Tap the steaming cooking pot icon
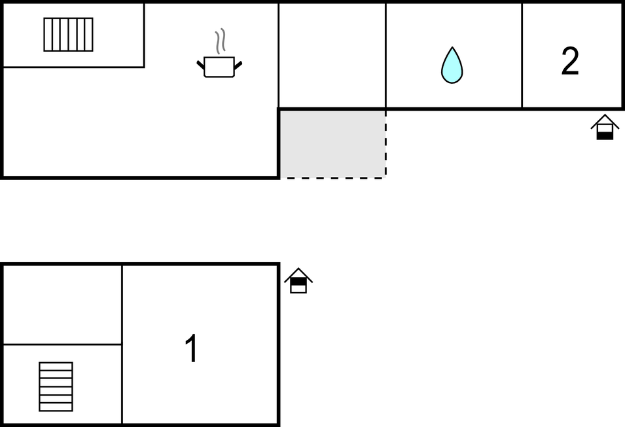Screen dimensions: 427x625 tap(219, 66)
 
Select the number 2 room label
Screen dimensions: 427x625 tap(570, 62)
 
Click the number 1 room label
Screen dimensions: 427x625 tap(191, 348)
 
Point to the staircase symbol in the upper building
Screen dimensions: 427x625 tap(68, 34)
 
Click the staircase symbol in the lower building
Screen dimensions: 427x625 tap(56, 386)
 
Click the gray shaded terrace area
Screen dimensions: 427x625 tap(332, 143)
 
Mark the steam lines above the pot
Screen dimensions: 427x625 tap(221, 41)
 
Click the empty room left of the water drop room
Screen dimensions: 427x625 tap(332, 55)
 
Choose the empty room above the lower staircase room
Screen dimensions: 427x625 tap(62, 304)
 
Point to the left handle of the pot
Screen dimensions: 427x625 tap(200, 64)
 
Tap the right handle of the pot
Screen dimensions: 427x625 tap(238, 64)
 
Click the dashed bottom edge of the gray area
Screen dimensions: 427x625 tap(332, 177)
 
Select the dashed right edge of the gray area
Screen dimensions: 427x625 tap(385, 143)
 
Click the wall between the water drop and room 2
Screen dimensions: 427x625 tap(522, 55)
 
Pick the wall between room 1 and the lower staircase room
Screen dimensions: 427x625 tap(122, 344)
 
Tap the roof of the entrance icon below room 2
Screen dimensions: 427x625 tap(605, 119)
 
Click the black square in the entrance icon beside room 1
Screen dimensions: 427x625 tap(298, 282)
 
